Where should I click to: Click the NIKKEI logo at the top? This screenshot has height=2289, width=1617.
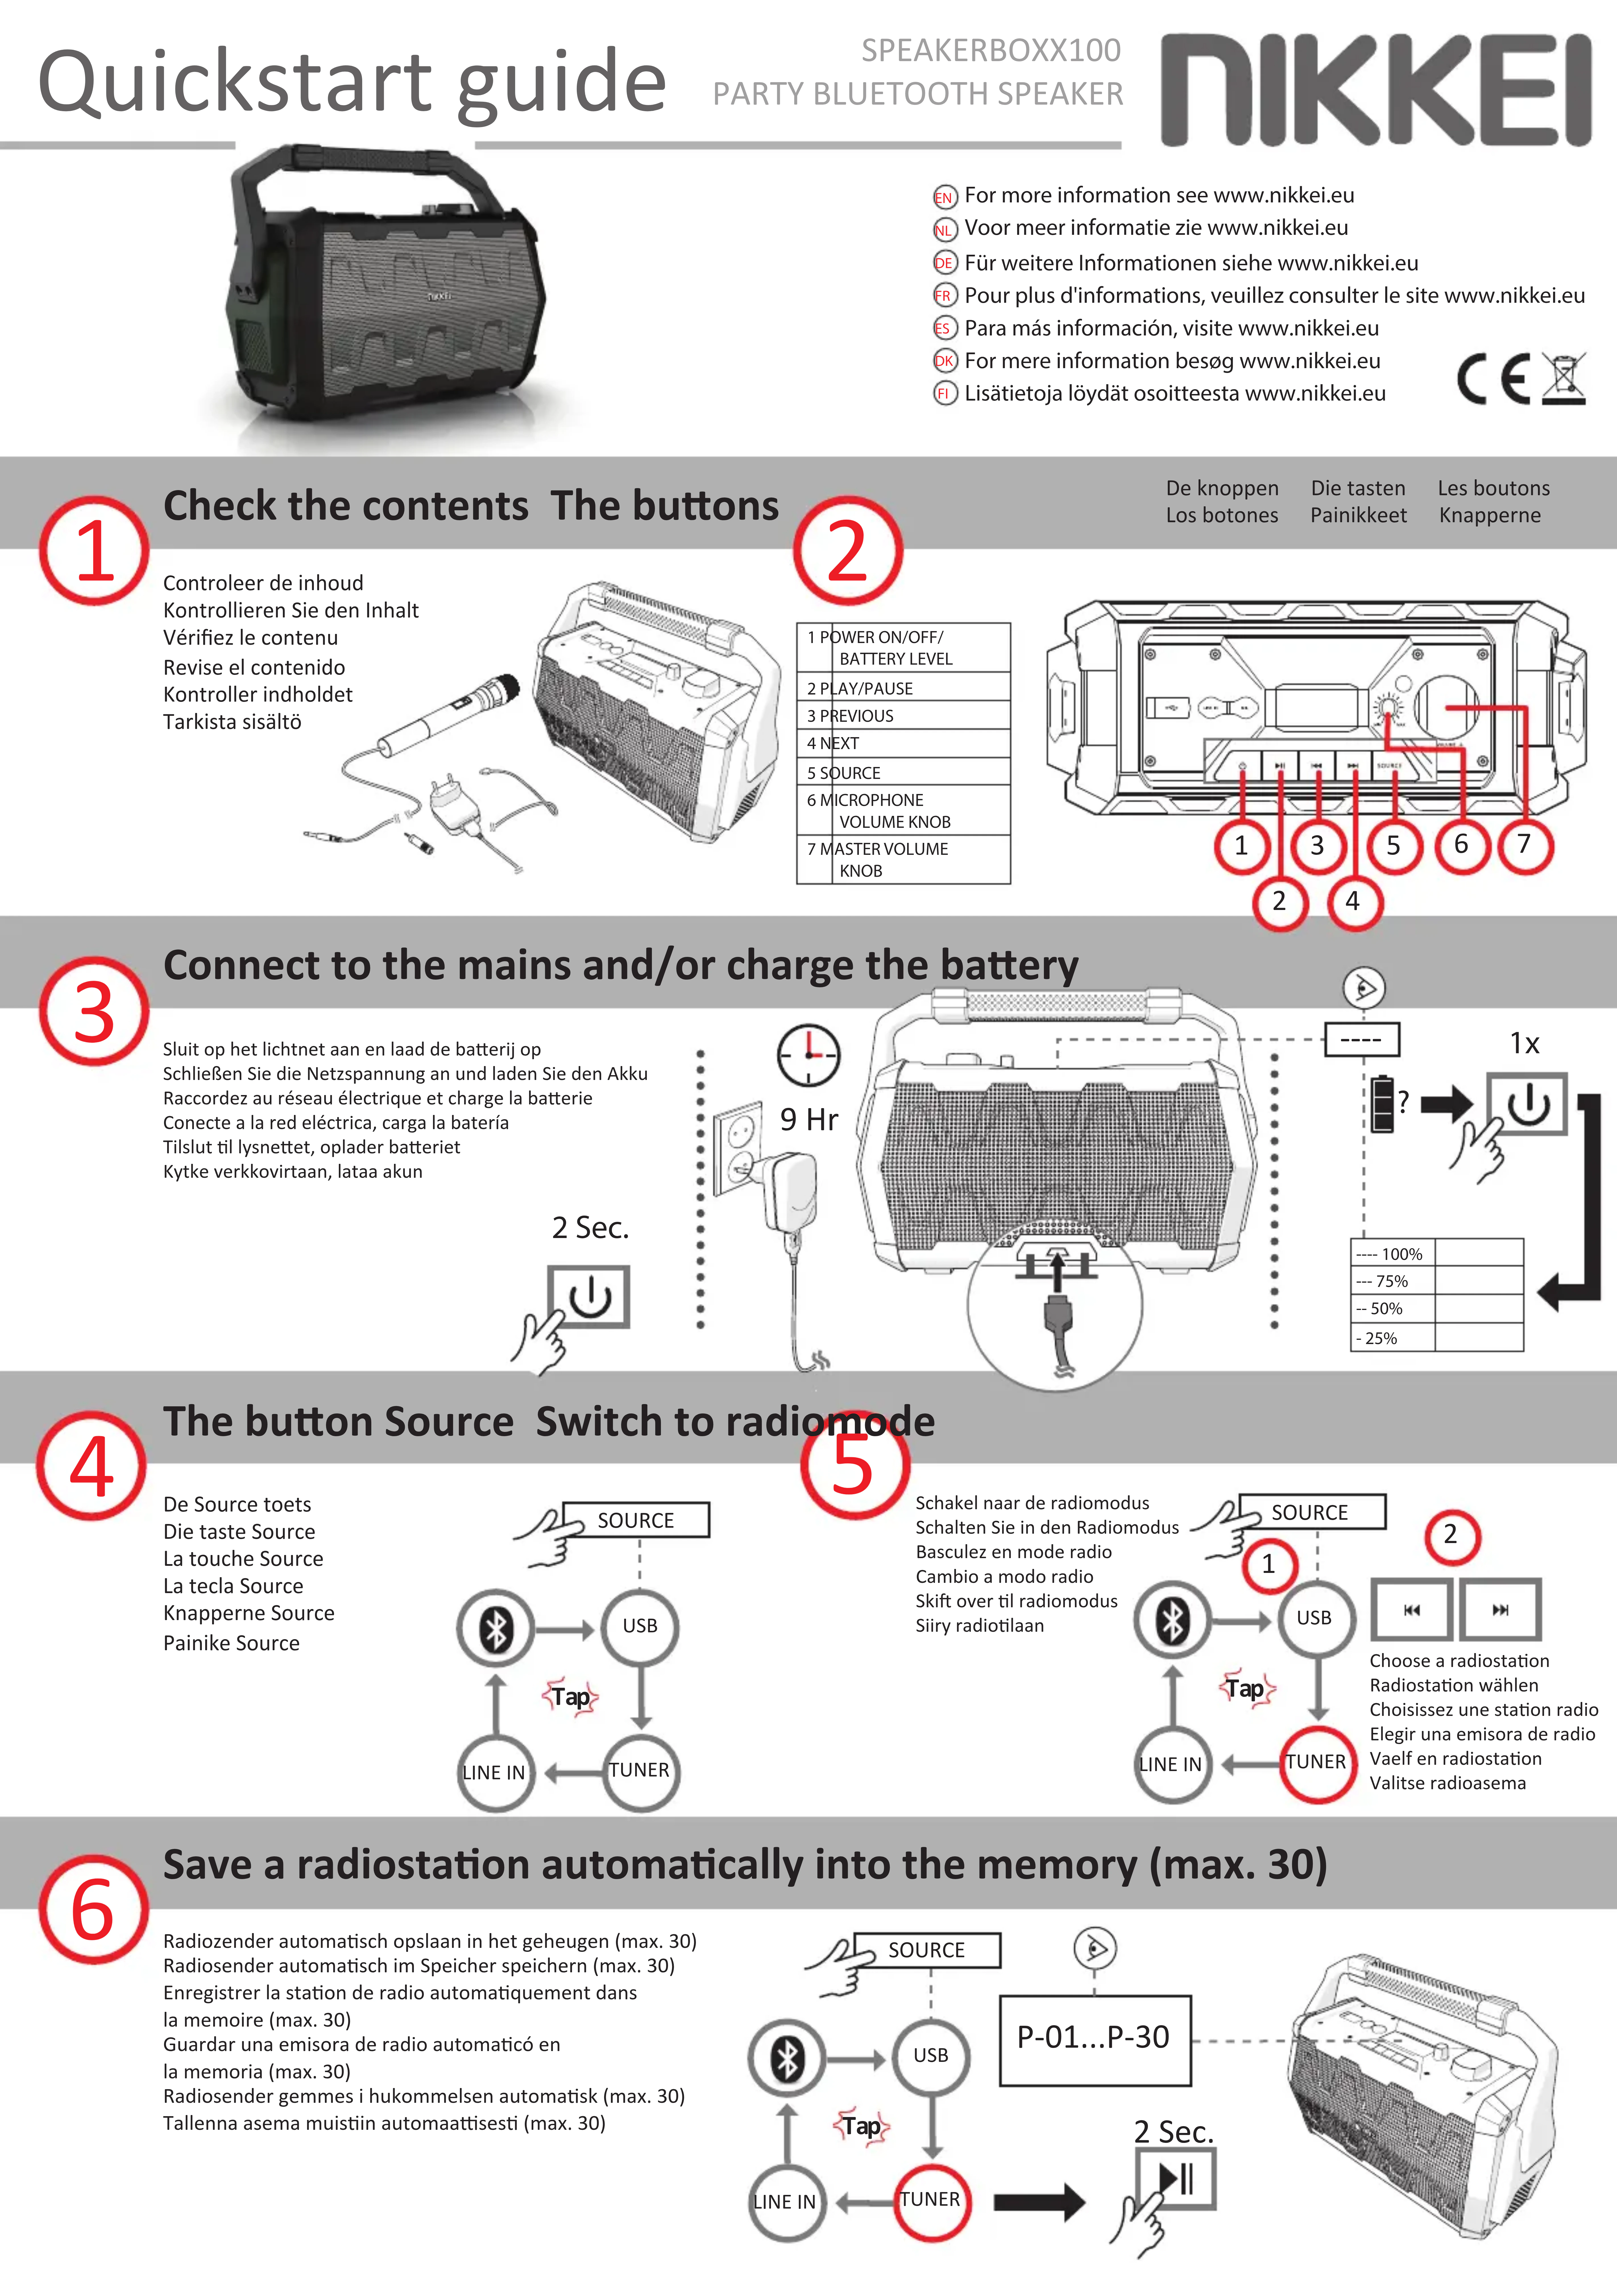pyautogui.click(x=1376, y=90)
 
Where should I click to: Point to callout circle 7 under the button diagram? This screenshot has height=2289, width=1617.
pyautogui.click(x=1523, y=844)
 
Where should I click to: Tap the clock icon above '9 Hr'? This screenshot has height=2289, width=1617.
pyautogui.click(x=808, y=1054)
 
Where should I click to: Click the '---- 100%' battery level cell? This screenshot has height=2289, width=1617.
pyautogui.click(x=1392, y=1253)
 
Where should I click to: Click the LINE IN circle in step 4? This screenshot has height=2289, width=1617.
pyautogui.click(x=494, y=1772)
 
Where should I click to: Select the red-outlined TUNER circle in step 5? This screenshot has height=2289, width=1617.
pyautogui.click(x=1316, y=1763)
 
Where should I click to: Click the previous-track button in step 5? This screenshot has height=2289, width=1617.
pyautogui.click(x=1411, y=1609)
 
